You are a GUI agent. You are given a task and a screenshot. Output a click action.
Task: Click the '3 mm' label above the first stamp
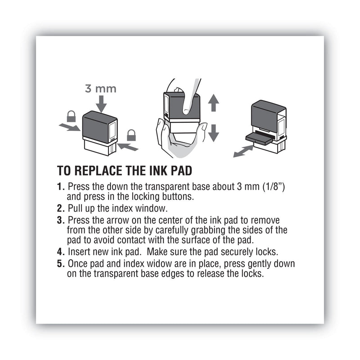101,89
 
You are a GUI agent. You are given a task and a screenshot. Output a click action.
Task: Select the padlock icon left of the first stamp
71,117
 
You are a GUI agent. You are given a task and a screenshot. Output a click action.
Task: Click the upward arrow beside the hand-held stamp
214,104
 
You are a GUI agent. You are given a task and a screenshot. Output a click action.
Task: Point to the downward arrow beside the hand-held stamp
214,132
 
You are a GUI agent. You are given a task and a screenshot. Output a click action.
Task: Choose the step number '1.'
61,186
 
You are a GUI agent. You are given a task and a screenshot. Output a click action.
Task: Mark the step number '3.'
61,220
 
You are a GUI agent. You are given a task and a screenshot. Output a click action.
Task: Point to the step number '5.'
61,263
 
